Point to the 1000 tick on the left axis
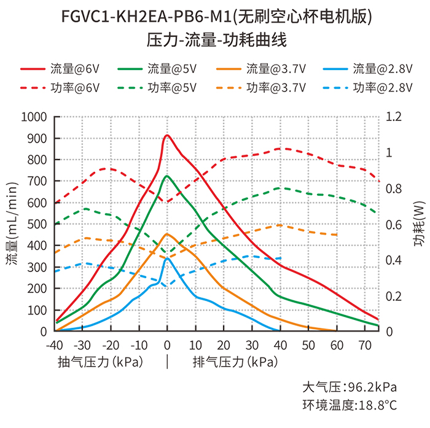pyautogui.click(x=34, y=117)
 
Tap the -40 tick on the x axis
pyautogui.click(x=54, y=343)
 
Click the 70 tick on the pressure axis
pyautogui.click(x=365, y=343)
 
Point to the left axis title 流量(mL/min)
pyautogui.click(x=12, y=224)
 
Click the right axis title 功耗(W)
pyautogui.click(x=420, y=224)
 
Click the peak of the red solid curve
pyautogui.click(x=167, y=136)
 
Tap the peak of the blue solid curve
pyautogui.click(x=167, y=258)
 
